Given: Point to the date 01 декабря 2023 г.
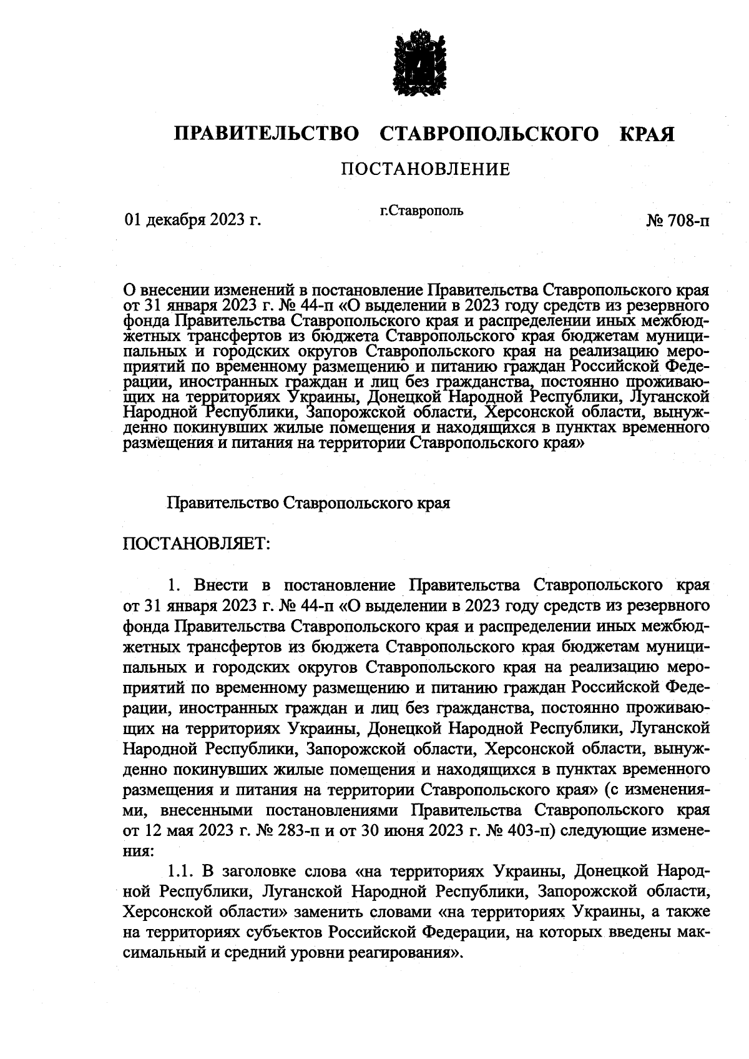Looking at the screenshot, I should (x=192, y=220).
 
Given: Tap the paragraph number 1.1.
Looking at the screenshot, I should (x=183, y=870).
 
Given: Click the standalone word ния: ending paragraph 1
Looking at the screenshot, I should (x=137, y=850).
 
